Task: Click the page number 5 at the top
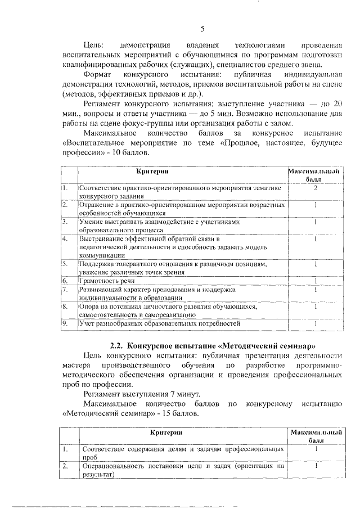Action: coord(202,29)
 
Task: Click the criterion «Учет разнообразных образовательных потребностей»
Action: coord(160,323)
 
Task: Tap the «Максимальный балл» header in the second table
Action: coord(317,436)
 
